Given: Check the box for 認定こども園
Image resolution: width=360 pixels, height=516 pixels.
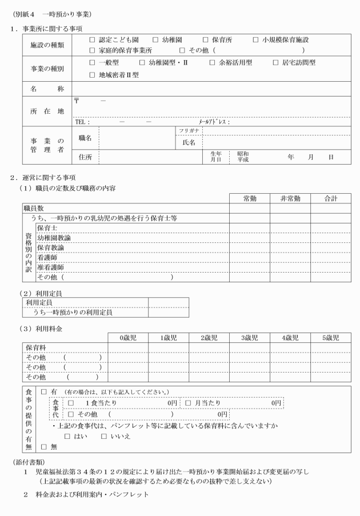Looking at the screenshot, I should (x=93, y=40).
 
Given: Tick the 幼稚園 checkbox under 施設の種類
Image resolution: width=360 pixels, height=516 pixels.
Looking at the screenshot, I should (x=155, y=40).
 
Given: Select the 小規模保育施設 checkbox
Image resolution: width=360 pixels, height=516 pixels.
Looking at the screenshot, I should (x=255, y=40).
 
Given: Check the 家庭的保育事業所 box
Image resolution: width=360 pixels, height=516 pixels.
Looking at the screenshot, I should (x=93, y=50).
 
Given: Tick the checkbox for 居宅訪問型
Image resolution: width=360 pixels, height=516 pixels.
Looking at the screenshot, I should (x=276, y=63).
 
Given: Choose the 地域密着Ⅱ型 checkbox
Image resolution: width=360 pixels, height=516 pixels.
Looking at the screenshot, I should (x=93, y=74).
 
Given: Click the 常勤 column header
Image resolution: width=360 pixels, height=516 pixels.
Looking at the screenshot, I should (x=249, y=198).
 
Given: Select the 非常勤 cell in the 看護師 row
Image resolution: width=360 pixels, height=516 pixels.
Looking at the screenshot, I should (x=290, y=258).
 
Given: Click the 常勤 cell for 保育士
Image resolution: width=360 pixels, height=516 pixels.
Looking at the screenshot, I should (x=249, y=228).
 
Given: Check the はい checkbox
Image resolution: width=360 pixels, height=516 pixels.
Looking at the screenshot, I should (x=67, y=436).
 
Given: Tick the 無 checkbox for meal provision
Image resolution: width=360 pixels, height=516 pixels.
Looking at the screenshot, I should (x=44, y=447).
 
